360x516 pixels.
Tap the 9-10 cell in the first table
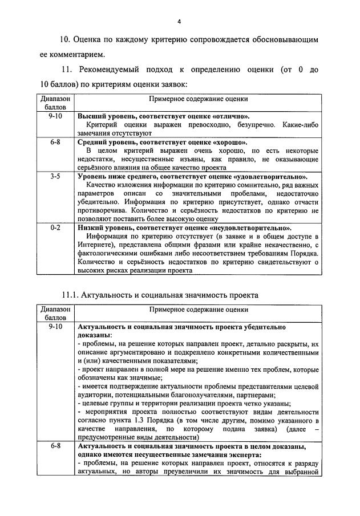(55, 115)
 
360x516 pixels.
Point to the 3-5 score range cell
(55, 177)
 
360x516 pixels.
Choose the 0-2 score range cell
(55, 227)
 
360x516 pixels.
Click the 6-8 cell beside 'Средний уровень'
(55, 141)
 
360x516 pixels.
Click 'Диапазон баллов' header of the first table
(55, 103)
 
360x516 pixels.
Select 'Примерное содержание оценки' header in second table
(199, 310)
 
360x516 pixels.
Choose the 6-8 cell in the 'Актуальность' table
(55, 446)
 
